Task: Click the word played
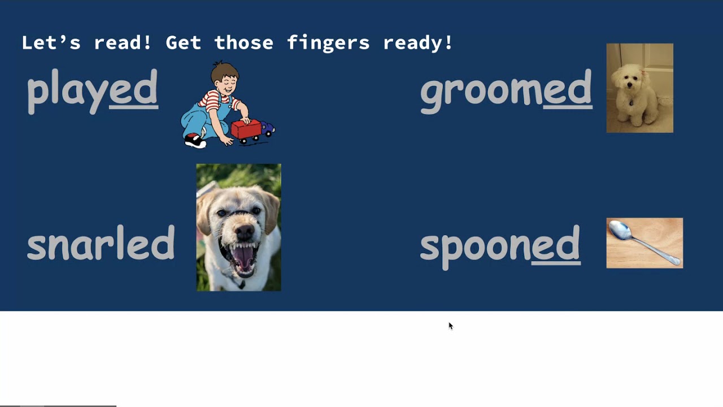(x=92, y=89)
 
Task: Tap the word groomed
(x=506, y=89)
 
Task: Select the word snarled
(x=101, y=244)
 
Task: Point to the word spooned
(x=500, y=245)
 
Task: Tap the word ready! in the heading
(x=418, y=42)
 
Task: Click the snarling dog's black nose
(x=245, y=231)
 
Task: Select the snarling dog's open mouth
(x=243, y=258)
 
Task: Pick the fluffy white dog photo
(x=639, y=88)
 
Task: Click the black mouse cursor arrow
(x=450, y=326)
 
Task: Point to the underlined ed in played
(x=133, y=89)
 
